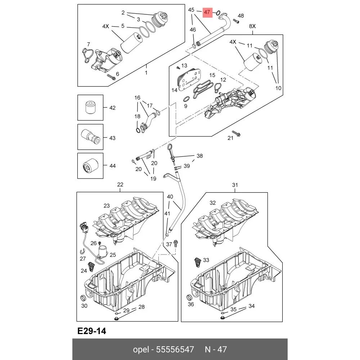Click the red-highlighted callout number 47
coord(207,12)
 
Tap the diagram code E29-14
coord(92,331)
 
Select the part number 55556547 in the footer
coord(175,349)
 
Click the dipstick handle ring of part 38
coord(170,147)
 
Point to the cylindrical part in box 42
coord(90,107)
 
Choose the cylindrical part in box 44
coord(90,166)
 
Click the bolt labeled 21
coord(236,133)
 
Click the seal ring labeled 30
coord(83,298)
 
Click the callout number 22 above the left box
coord(120,185)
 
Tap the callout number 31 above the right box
coord(235,185)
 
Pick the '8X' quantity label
coord(252,26)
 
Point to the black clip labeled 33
coord(197,262)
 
